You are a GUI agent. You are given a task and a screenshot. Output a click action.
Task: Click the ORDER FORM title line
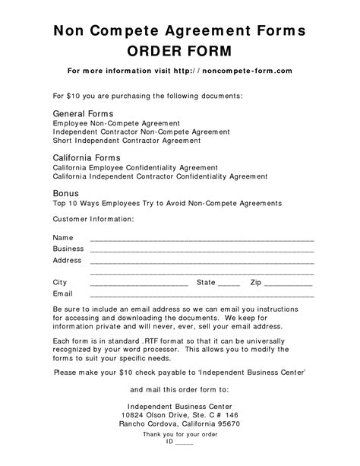click(179, 51)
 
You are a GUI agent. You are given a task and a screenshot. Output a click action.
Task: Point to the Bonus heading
click(66, 193)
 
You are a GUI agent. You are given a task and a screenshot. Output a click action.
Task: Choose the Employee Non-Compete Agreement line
click(116, 122)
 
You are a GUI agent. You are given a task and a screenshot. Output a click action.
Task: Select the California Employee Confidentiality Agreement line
click(135, 167)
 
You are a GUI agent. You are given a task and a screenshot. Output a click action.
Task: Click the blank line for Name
click(202, 239)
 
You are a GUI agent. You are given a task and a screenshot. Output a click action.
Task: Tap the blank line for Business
click(202, 250)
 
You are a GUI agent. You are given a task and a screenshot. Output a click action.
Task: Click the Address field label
click(67, 260)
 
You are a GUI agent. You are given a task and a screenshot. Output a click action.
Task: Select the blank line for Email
click(202, 294)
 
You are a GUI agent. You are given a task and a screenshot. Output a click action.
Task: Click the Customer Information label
click(93, 218)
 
